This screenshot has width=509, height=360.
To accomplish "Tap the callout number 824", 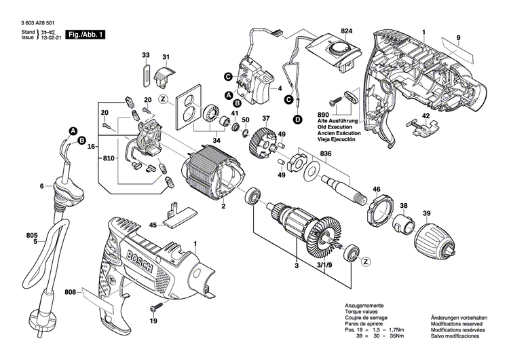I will click(347, 32).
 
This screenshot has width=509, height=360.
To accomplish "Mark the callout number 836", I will click(326, 154).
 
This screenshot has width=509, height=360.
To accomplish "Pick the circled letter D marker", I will click(297, 120).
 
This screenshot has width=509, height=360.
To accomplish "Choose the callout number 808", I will click(71, 293).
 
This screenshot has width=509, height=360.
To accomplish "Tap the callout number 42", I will click(426, 116).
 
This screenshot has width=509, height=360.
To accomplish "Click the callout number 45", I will click(153, 225).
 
